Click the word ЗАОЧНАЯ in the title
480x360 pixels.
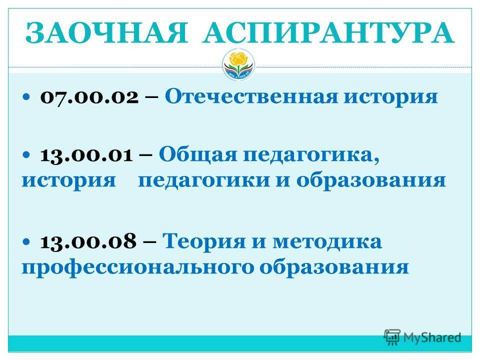pos(106,33)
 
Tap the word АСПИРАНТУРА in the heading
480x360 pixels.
pos(328,33)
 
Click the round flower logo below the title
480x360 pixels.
pos(238,65)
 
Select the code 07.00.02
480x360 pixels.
pos(89,97)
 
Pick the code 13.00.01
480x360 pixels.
pos(86,155)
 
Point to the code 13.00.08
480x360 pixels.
pos(88,241)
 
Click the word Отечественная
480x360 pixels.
pos(251,96)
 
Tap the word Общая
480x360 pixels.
pos(198,154)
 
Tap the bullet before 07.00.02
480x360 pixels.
pos(26,97)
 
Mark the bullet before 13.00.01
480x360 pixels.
pos(26,154)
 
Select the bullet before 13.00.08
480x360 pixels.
pos(26,241)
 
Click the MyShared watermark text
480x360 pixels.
pos(432,337)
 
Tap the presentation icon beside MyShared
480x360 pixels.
pos(392,337)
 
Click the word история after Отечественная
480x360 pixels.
pos(390,97)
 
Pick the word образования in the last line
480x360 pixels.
pos(334,267)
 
